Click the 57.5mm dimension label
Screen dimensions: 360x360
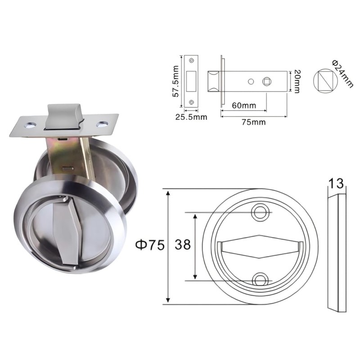point(175,81)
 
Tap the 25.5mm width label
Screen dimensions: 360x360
point(191,117)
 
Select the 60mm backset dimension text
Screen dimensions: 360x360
point(244,105)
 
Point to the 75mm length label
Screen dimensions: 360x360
point(253,122)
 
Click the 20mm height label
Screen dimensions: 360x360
point(297,81)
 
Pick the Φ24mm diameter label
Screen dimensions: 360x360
point(342,74)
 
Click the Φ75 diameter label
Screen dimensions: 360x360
point(150,244)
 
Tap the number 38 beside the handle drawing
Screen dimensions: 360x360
point(183,244)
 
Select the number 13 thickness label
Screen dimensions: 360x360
point(336,184)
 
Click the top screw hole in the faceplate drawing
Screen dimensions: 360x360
point(191,61)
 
